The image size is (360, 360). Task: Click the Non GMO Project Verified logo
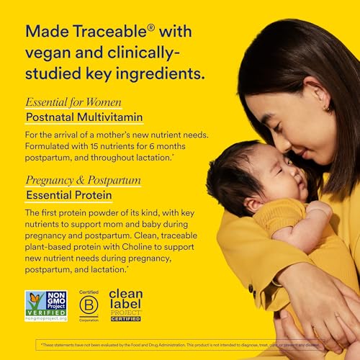tap(45, 305)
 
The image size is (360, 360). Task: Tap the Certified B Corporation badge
tap(87, 305)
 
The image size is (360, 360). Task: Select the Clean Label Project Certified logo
tap(125, 305)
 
